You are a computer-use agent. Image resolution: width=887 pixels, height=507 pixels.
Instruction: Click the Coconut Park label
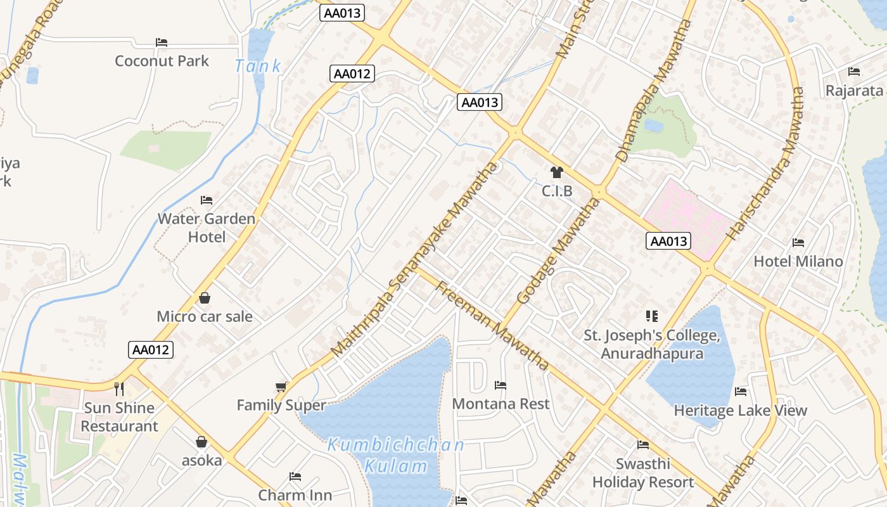pyautogui.click(x=162, y=61)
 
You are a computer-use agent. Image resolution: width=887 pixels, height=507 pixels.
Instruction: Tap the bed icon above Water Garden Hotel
pyautogui.click(x=207, y=200)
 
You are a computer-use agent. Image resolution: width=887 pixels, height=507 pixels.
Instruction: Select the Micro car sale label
pyautogui.click(x=205, y=316)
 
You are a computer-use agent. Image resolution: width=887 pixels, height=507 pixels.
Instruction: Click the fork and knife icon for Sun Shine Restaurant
pyautogui.click(x=119, y=388)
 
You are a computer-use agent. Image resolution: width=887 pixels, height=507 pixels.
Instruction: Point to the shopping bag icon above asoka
pyautogui.click(x=201, y=442)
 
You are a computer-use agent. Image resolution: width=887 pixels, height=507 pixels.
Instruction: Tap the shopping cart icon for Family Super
pyautogui.click(x=281, y=387)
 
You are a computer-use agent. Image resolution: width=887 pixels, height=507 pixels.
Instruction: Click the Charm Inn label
pyautogui.click(x=295, y=494)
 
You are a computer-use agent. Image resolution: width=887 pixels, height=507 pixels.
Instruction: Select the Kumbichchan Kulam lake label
pyautogui.click(x=396, y=456)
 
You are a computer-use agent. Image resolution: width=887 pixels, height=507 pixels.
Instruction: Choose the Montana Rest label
pyautogui.click(x=501, y=404)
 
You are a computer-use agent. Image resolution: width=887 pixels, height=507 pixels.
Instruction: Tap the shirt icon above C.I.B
pyautogui.click(x=557, y=172)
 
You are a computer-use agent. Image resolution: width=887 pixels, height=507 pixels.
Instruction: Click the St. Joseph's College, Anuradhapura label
pyautogui.click(x=652, y=344)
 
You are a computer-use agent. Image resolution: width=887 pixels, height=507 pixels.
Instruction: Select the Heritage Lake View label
pyautogui.click(x=740, y=411)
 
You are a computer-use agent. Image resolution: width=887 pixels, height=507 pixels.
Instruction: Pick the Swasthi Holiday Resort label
pyautogui.click(x=643, y=473)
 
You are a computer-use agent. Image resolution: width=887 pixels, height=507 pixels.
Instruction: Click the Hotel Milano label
pyautogui.click(x=798, y=261)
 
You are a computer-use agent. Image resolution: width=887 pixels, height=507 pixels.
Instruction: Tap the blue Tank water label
pyautogui.click(x=258, y=65)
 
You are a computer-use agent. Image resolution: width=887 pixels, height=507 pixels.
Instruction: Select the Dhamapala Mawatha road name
pyautogui.click(x=653, y=91)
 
